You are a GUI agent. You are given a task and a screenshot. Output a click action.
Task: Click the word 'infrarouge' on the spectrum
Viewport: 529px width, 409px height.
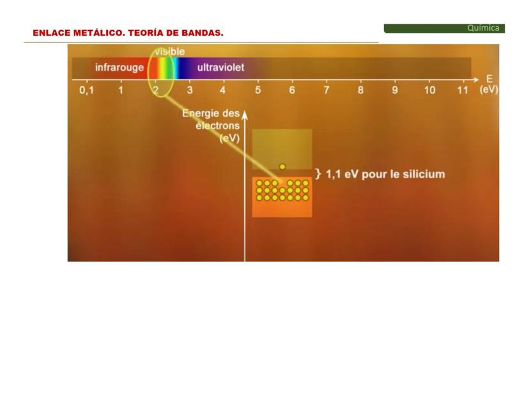pos(119,68)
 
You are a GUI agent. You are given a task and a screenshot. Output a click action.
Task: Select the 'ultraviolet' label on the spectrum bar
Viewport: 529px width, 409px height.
pos(220,68)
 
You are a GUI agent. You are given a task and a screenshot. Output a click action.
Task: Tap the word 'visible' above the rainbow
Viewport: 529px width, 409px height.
pos(170,52)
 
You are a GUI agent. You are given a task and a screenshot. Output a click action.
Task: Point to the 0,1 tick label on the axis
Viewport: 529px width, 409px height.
pos(87,91)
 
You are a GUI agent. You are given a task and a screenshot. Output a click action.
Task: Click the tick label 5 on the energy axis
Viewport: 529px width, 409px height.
pos(257,90)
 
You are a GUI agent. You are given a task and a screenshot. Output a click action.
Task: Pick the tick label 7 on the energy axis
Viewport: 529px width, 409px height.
pos(326,90)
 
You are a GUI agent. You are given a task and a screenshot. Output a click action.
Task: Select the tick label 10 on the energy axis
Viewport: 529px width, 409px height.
pos(429,90)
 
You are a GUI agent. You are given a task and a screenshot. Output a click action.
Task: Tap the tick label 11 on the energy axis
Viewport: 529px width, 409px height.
pos(463,90)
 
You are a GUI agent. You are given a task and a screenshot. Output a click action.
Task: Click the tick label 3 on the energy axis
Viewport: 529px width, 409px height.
pos(190,90)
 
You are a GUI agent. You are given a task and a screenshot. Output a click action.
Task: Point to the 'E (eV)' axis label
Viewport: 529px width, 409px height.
pos(489,84)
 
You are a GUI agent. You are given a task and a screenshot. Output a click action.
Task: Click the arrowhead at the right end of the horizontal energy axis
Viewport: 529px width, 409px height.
pos(476,80)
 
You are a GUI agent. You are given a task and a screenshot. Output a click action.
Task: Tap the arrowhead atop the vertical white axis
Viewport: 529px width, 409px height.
pos(245,115)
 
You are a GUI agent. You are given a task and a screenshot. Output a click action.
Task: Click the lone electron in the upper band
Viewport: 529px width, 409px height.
pos(282,167)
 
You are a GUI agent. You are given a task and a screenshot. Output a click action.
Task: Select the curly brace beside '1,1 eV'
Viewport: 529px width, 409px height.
pos(318,174)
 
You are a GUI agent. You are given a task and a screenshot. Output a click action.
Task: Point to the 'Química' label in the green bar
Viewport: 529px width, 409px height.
pos(483,28)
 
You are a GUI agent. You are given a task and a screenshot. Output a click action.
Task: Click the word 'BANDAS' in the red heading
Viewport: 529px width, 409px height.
pos(201,33)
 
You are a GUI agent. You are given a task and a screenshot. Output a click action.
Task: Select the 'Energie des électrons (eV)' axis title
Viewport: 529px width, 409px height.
pos(211,126)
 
